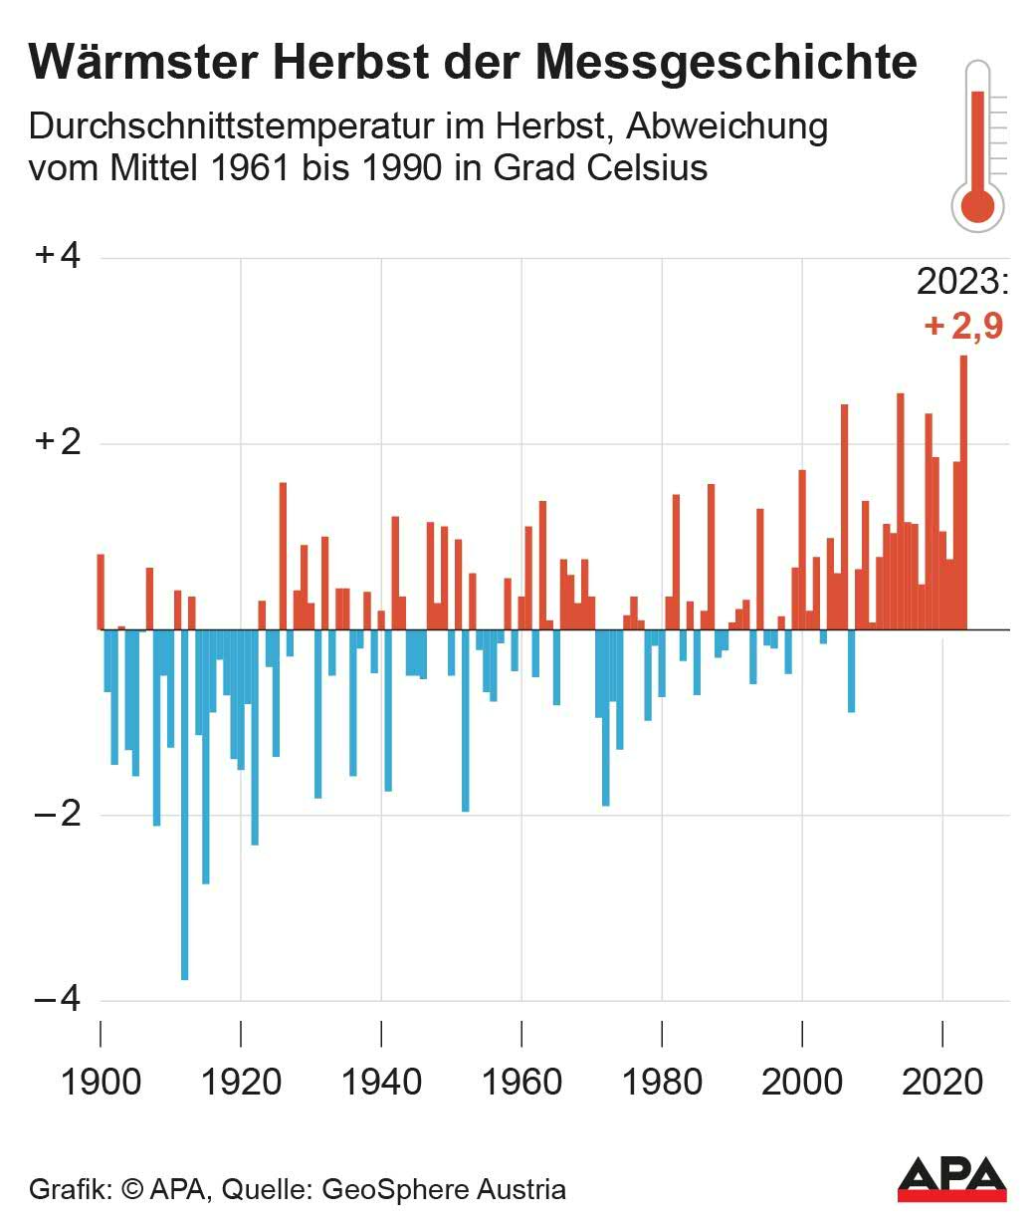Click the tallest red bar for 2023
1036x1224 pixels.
tap(963, 493)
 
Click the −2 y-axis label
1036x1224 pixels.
tap(58, 815)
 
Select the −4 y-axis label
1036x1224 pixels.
tap(58, 1000)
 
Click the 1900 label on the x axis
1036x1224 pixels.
tap(101, 1082)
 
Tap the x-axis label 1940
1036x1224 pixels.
tap(381, 1082)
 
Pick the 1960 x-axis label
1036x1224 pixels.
tap(521, 1082)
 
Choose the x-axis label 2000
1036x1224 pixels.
tap(802, 1082)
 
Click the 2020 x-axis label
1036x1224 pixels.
tap(941, 1082)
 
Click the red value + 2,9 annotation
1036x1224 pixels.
tap(962, 326)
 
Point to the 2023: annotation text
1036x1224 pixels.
tap(962, 283)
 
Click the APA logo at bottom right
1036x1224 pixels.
tap(951, 1179)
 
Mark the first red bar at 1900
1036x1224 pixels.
tap(101, 592)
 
